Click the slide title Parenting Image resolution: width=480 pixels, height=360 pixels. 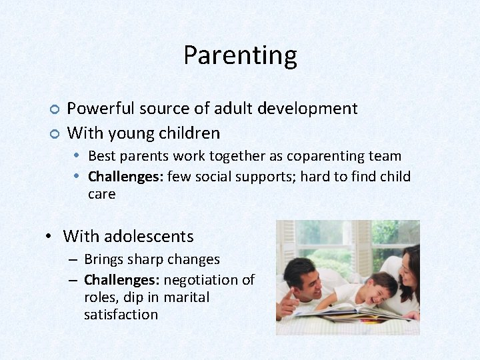pos(240,55)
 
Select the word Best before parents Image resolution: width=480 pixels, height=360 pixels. pos(101,157)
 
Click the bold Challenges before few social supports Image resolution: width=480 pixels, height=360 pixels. pos(125,177)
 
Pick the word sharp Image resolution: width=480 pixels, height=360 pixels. pos(148,259)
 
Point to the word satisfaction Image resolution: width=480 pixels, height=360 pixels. pos(121,315)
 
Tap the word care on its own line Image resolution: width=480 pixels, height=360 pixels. pos(101,195)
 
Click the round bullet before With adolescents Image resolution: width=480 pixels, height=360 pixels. pos(49,237)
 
